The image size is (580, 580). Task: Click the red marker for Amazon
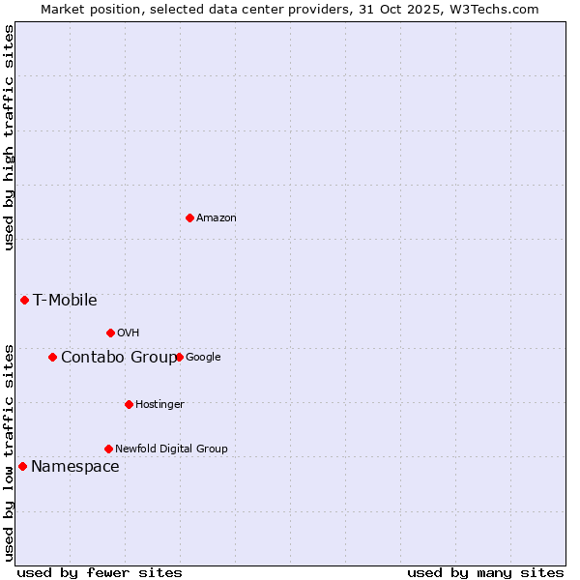click(189, 217)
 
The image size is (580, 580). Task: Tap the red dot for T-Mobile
click(24, 300)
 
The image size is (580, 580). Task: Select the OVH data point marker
click(110, 333)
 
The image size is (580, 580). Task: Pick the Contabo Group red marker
click(52, 357)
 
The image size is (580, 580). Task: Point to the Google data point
click(180, 357)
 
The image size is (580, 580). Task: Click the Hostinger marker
click(129, 404)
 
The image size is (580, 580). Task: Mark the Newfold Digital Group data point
click(108, 449)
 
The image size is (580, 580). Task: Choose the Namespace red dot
click(22, 467)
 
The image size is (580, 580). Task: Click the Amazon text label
click(216, 218)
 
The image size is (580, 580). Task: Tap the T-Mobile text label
click(65, 300)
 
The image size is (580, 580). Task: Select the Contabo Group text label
click(119, 358)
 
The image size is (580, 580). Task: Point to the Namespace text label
click(74, 467)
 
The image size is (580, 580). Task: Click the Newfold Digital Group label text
click(171, 449)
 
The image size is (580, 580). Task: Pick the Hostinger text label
click(159, 404)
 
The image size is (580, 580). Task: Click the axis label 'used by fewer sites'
click(100, 572)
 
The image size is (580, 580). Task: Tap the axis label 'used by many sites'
click(485, 572)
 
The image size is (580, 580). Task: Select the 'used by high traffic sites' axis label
click(9, 137)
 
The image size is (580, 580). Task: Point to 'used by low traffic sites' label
click(9, 451)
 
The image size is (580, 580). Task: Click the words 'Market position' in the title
click(85, 9)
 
